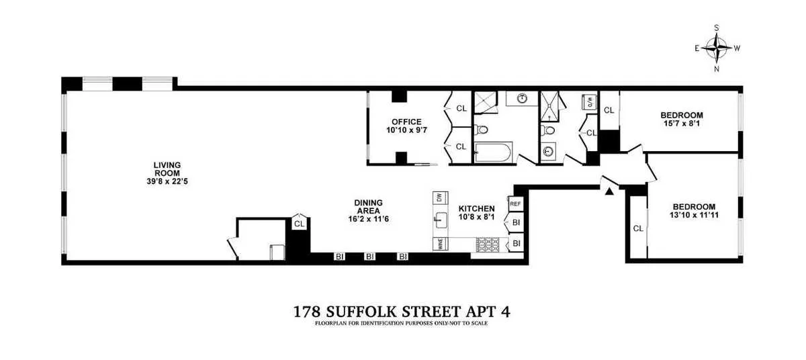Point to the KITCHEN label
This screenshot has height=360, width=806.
coord(476,209)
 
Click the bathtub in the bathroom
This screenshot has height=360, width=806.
coord(494,151)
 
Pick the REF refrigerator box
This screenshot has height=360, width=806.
coord(516,204)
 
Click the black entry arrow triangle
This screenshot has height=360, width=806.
coord(609,192)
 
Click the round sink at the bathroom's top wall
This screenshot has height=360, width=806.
coord(521,99)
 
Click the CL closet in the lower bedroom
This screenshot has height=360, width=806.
coord(638,228)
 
